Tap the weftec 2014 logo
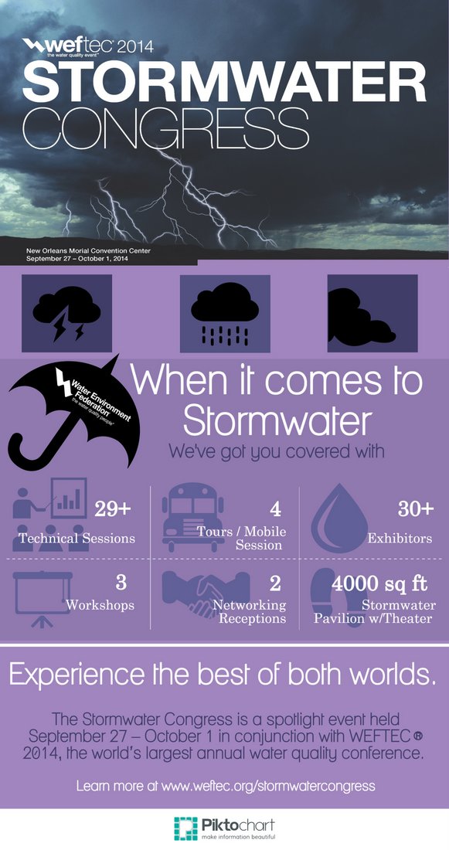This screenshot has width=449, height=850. [x=88, y=47]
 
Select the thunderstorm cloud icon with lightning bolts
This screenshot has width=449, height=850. [x=66, y=313]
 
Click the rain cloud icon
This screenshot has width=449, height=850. [x=225, y=313]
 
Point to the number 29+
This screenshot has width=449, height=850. [x=114, y=509]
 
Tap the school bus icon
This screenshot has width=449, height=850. [x=193, y=518]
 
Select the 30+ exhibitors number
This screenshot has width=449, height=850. [x=416, y=508]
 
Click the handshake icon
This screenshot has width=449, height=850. [x=206, y=595]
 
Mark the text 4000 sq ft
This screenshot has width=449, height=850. [x=379, y=584]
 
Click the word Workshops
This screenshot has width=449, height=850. [x=100, y=604]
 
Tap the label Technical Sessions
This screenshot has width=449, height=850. [x=77, y=538]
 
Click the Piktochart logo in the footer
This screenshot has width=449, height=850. [x=224, y=828]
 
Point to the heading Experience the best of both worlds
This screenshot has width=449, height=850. [x=223, y=675]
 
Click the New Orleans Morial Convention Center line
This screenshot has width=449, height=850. [x=88, y=251]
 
